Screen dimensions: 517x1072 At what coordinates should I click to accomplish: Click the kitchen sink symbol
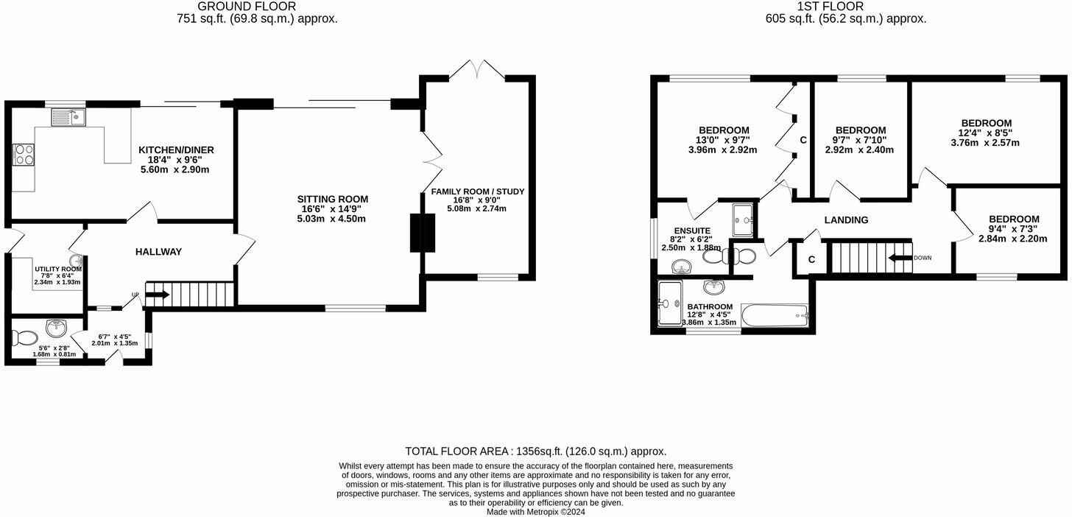(68, 116)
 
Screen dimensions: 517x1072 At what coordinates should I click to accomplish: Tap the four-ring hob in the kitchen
(24, 155)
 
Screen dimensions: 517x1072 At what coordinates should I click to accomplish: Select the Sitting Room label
(332, 199)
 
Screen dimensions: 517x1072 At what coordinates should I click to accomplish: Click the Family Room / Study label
(477, 191)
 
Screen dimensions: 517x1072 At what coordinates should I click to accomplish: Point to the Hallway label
(158, 252)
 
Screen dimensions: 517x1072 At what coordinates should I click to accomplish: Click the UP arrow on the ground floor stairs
(158, 295)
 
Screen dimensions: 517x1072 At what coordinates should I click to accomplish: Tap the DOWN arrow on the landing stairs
(900, 258)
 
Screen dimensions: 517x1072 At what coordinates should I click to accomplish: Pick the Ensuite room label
(692, 231)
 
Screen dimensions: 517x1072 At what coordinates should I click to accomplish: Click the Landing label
(846, 219)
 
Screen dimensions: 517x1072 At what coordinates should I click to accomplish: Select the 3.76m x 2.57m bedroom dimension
(985, 143)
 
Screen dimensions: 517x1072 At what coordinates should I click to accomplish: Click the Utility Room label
(57, 270)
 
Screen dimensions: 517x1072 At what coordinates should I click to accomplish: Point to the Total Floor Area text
(535, 451)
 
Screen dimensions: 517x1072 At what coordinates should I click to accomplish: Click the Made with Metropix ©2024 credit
(535, 512)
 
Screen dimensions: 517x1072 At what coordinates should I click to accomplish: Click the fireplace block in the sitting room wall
(417, 233)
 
